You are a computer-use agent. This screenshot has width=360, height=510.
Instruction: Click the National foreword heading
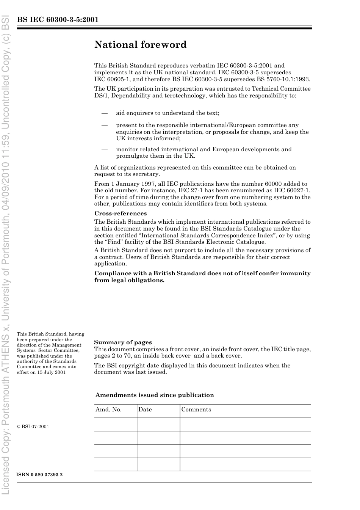[140, 45]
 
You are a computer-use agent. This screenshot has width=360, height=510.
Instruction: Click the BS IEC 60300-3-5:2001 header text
[58, 20]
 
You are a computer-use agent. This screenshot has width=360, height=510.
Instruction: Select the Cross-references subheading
[120, 213]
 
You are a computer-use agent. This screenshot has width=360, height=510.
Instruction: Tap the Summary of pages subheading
[123, 342]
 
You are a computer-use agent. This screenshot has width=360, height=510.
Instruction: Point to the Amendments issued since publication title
[155, 395]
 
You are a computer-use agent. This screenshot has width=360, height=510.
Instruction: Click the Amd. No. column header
[108, 410]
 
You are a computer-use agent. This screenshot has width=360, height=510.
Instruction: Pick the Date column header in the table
[145, 410]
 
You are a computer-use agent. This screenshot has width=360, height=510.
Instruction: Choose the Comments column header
[196, 410]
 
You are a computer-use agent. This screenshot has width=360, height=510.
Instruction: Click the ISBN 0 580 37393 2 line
[39, 475]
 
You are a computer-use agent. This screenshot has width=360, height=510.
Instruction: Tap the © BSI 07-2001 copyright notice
[33, 427]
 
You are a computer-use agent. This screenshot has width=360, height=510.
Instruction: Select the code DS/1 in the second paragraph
[102, 96]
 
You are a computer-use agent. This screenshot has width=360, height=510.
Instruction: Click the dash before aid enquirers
[104, 113]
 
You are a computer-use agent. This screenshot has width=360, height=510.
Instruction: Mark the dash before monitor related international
[104, 149]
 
